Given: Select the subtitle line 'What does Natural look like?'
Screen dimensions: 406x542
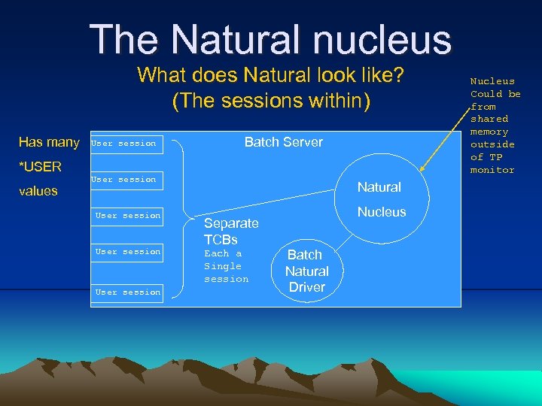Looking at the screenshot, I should (x=271, y=76).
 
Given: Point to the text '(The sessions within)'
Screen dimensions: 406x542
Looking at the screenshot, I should (x=271, y=101).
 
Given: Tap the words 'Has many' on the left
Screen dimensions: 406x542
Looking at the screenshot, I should (x=49, y=142).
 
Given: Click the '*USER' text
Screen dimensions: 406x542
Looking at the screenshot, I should (x=40, y=166).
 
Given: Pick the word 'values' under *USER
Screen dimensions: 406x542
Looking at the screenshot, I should (x=38, y=191).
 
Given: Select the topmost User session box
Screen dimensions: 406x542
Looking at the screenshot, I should (x=123, y=143).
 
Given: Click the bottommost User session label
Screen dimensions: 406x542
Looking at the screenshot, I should (x=128, y=292).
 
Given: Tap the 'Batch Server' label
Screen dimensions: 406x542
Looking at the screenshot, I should (x=283, y=142).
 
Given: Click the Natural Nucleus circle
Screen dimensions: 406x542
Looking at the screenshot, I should (x=380, y=199).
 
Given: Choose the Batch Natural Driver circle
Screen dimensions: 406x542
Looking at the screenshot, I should (x=306, y=271).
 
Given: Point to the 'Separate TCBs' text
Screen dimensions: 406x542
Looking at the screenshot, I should (x=231, y=231).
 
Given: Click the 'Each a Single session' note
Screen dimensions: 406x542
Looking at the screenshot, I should (x=226, y=266).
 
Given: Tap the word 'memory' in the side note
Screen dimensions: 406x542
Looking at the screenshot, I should (x=489, y=132).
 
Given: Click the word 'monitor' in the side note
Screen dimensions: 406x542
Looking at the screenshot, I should (x=492, y=170).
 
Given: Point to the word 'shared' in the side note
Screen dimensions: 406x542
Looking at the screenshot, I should (x=489, y=119).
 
